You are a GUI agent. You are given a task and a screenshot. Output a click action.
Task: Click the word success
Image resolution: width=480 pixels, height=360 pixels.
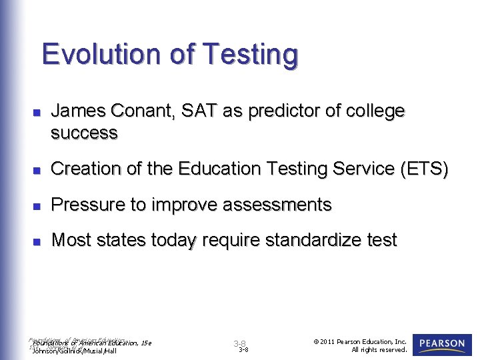point(84,133)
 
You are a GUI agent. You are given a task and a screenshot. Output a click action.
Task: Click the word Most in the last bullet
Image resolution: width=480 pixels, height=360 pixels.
point(71,240)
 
